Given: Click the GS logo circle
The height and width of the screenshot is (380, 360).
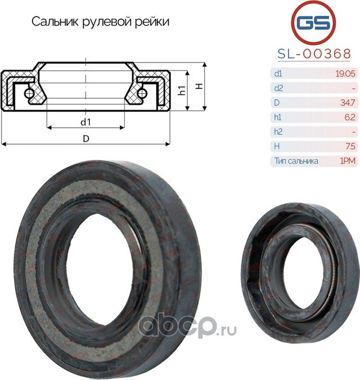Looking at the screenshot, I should pyautogui.click(x=314, y=23).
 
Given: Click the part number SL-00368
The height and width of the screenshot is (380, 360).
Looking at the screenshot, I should pyautogui.click(x=314, y=53).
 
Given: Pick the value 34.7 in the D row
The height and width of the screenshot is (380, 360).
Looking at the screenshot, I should pyautogui.click(x=347, y=102).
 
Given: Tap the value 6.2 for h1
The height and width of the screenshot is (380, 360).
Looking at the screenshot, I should pyautogui.click(x=349, y=117).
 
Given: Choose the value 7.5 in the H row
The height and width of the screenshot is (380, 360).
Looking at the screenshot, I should pyautogui.click(x=349, y=146).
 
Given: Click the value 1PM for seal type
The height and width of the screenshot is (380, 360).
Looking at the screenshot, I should pyautogui.click(x=347, y=161).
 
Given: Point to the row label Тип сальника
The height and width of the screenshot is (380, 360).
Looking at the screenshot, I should pyautogui.click(x=296, y=161).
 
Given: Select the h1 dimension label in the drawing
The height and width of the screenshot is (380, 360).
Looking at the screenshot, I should pyautogui.click(x=181, y=91).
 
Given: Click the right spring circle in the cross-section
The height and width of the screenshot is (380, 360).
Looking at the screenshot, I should pyautogui.click(x=143, y=92).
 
